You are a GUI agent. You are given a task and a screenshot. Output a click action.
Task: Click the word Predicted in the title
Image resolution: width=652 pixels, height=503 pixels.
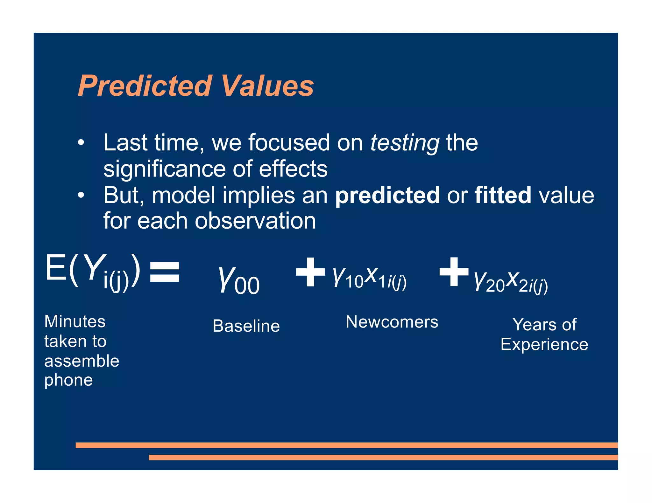(145, 86)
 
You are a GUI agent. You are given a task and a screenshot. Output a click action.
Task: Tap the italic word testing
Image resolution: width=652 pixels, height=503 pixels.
(405, 143)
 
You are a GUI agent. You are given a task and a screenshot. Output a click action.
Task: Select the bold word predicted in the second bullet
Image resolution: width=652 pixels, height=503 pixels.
(387, 195)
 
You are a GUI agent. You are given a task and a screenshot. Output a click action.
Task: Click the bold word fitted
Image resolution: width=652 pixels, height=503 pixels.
(503, 195)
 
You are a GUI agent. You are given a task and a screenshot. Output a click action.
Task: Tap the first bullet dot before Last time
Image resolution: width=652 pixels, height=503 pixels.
(81, 143)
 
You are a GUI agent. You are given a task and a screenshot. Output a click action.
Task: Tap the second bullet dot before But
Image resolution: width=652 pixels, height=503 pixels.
(81, 195)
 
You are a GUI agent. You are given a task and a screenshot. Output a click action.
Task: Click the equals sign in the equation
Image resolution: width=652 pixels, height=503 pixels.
(165, 272)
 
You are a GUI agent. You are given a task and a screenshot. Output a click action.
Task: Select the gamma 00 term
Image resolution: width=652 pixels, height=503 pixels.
(239, 279)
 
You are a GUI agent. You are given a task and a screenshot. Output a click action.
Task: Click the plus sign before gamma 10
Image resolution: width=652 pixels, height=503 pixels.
(310, 272)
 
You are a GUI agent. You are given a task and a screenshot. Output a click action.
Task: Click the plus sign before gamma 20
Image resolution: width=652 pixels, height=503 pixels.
(454, 272)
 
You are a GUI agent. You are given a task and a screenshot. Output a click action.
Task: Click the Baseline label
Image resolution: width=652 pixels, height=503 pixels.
(246, 326)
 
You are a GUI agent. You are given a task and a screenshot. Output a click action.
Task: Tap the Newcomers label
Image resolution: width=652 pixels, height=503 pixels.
(392, 322)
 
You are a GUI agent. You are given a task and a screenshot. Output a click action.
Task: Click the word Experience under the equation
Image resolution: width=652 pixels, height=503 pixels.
(544, 345)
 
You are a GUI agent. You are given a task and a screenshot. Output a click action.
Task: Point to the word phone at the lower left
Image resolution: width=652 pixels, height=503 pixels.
(68, 380)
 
